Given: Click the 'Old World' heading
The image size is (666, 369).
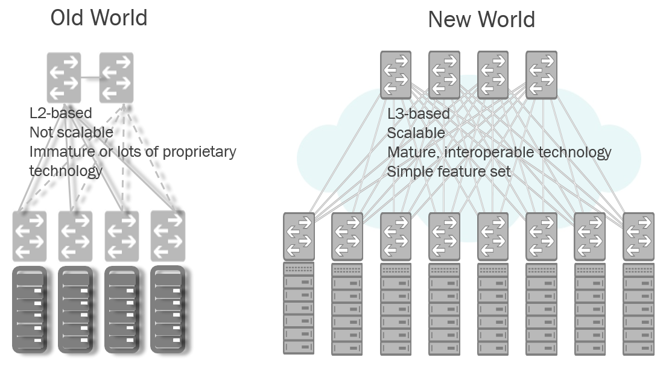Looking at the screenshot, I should pos(98,18).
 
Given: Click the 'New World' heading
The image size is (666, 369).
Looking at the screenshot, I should pos(481,20).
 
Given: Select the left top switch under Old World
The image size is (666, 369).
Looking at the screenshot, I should pos(64,77).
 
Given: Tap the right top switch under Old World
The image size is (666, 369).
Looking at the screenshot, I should pos(116,77).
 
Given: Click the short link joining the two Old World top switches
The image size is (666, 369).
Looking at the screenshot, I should pos(90,78).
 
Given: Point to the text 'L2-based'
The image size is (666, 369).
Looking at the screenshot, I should pos(61,113).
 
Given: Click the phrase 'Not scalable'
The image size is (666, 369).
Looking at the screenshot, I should pos(71,132).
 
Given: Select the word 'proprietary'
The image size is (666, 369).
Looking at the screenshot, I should pos(198,151).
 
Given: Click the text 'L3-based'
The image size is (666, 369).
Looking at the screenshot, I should pos(418,113).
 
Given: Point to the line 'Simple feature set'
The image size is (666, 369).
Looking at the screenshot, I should pos(448,171).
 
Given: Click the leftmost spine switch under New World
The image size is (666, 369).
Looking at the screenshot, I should pos(396,75).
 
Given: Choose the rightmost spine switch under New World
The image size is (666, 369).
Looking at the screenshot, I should pos(541,75).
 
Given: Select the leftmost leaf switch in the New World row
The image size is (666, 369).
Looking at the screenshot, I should pos(299,236).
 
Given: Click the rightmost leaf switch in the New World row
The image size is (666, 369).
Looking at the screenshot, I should pos(639,236).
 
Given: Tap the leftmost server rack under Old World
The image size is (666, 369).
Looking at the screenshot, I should pos(29,309).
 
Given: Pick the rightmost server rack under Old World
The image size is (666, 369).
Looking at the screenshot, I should pos(168,309).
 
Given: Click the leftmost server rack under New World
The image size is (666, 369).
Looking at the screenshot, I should pos(299,307).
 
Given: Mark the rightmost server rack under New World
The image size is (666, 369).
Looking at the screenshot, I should pos(639,307).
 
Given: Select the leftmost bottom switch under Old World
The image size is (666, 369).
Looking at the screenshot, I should pos(29,236).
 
